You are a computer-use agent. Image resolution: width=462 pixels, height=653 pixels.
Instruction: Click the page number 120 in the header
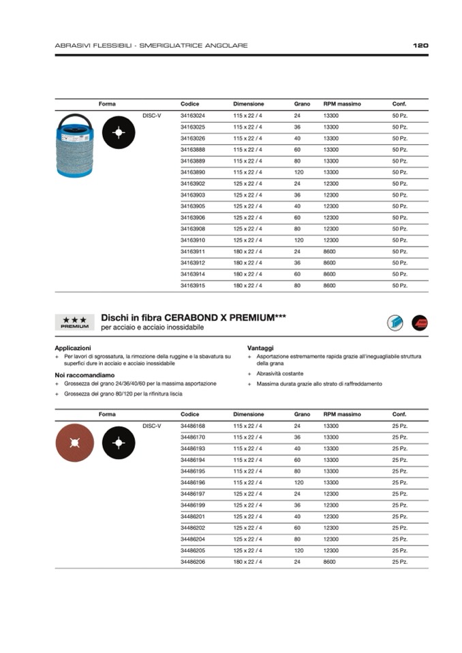pos(420,46)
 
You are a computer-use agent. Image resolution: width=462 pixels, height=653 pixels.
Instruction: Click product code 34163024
pos(193,116)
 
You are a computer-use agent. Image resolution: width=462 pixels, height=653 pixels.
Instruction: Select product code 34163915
pos(193,285)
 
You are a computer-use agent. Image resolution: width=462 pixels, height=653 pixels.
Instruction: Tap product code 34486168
pos(193,426)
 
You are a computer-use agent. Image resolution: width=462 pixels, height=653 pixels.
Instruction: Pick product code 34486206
pos(193,562)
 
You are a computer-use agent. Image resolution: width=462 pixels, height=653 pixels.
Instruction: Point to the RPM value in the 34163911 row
pos(330,251)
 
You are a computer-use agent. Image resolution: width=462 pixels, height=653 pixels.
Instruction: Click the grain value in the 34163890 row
pos(298,172)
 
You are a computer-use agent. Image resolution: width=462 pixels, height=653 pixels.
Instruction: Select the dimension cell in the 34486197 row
pos(247,494)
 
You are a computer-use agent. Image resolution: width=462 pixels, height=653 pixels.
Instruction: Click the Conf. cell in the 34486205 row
pos(400,550)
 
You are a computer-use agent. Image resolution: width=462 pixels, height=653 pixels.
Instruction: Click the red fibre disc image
pos(75,443)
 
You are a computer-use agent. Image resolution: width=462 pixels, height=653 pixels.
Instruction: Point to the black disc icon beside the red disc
pos(119,443)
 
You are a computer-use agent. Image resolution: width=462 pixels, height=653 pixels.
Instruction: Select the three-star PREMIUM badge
pos(74,322)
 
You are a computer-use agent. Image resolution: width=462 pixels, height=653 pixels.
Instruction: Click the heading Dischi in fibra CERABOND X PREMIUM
pos(193,317)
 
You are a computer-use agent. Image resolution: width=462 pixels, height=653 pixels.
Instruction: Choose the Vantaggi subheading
pos(261,348)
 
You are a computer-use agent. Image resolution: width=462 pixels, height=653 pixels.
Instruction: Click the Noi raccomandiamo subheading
pos(84,375)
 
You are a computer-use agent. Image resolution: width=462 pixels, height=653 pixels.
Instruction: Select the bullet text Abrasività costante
pos(280,374)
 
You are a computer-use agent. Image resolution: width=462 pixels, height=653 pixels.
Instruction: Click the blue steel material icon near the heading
pos(395,323)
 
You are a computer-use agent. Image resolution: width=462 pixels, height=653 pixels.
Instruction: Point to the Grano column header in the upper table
pos(302,104)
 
